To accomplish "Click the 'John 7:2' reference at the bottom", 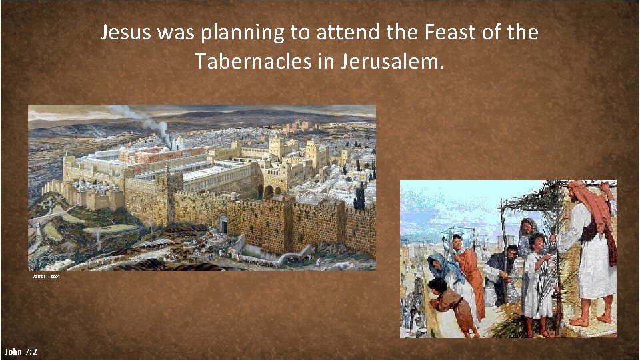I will [20, 351].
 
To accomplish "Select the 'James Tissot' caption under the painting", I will [45, 276].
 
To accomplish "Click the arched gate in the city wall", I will [223, 225].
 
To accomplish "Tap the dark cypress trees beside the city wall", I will [360, 197].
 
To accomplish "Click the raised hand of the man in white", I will [605, 189].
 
